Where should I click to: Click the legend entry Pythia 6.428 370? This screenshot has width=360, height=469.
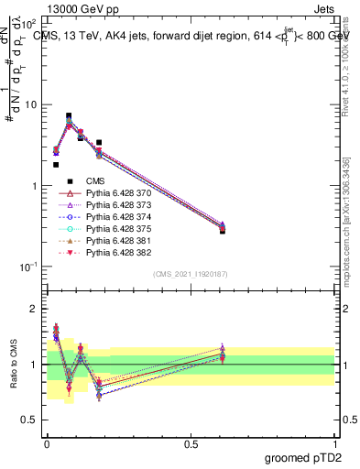click(x=112, y=193)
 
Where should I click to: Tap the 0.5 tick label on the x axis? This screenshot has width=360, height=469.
click(x=190, y=442)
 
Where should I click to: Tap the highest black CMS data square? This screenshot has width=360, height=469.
click(x=69, y=116)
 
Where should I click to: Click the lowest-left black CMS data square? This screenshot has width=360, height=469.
click(x=56, y=165)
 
